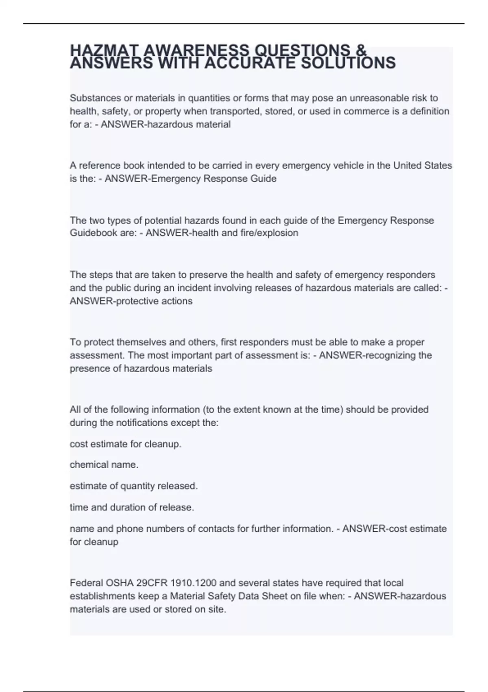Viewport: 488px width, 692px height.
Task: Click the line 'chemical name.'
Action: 104,465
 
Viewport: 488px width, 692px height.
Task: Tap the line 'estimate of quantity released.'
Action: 134,486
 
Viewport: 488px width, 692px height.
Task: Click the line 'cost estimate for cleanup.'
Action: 126,444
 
